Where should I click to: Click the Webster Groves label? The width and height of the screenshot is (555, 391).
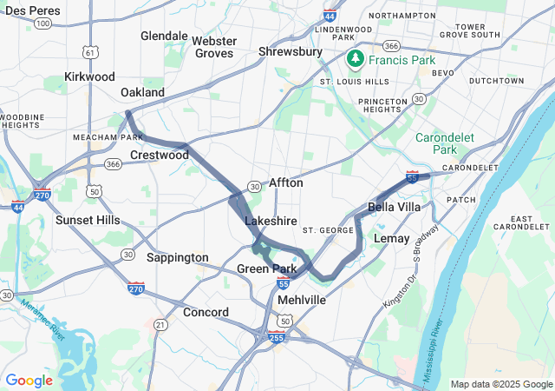pyautogui.click(x=213, y=47)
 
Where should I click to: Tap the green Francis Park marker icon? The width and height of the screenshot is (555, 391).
pyautogui.click(x=355, y=59)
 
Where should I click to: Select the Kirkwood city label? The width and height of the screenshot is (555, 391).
pyautogui.click(x=89, y=76)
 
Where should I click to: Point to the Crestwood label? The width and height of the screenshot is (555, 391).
pyautogui.click(x=160, y=155)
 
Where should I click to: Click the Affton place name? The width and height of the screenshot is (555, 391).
pyautogui.click(x=286, y=183)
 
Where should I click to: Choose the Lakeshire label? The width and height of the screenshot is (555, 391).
pyautogui.click(x=271, y=222)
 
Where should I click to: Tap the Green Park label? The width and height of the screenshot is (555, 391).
pyautogui.click(x=267, y=268)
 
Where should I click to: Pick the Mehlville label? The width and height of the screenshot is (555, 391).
pyautogui.click(x=302, y=300)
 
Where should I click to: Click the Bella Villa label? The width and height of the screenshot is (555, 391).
pyautogui.click(x=395, y=207)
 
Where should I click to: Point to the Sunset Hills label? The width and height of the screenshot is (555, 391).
pyautogui.click(x=88, y=220)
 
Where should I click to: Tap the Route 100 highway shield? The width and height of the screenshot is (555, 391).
pyautogui.click(x=42, y=23)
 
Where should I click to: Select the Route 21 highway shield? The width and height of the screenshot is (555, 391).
pyautogui.click(x=160, y=324)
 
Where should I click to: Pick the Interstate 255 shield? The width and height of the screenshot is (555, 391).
pyautogui.click(x=277, y=335)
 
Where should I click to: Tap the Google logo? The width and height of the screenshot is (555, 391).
pyautogui.click(x=29, y=381)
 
